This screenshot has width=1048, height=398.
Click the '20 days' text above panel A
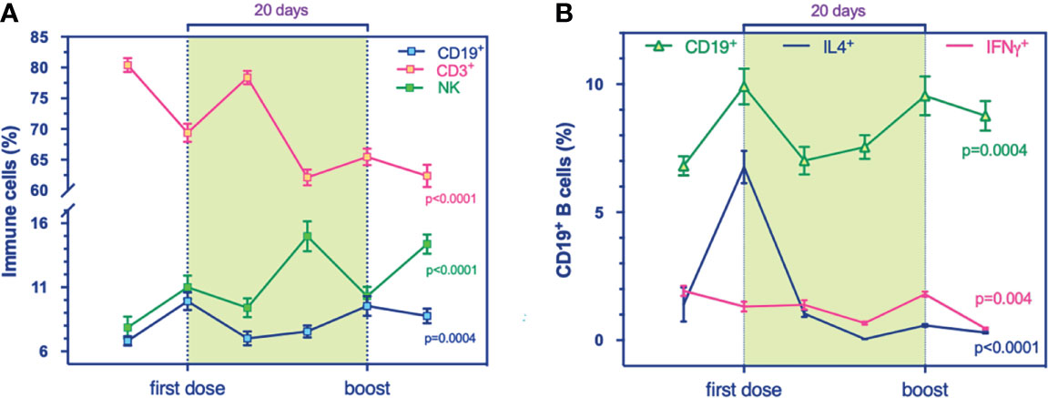(276, 10)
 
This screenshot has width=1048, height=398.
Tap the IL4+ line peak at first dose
(744, 168)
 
